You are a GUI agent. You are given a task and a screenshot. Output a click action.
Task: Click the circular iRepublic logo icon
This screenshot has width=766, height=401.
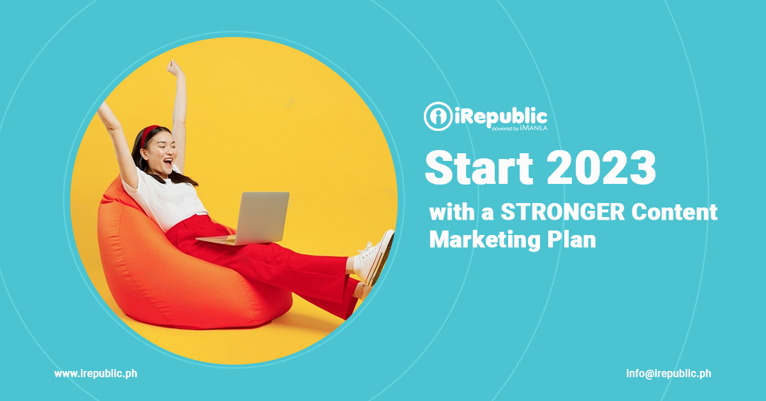click(x=438, y=116)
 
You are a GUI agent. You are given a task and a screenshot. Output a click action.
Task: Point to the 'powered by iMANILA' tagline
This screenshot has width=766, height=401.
click(x=520, y=128)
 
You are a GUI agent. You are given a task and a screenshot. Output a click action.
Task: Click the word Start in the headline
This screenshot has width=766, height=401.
click(x=479, y=169)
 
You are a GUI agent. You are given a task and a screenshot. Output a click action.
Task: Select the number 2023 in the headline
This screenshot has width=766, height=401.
click(x=601, y=169)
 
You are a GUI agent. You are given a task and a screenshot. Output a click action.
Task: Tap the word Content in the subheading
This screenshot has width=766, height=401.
click(x=674, y=212)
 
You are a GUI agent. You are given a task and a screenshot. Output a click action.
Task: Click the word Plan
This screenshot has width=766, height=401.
click(x=571, y=239)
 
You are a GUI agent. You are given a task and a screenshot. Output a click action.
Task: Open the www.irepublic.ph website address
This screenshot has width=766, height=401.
click(x=96, y=374)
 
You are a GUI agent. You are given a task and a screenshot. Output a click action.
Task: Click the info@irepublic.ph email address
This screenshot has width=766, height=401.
click(x=668, y=374)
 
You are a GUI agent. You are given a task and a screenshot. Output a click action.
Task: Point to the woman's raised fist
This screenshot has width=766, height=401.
click(x=175, y=67)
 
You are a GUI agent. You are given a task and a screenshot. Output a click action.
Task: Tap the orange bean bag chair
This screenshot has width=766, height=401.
click(x=178, y=270)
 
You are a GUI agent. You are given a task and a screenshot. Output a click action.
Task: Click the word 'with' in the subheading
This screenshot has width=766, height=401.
click(x=451, y=212)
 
